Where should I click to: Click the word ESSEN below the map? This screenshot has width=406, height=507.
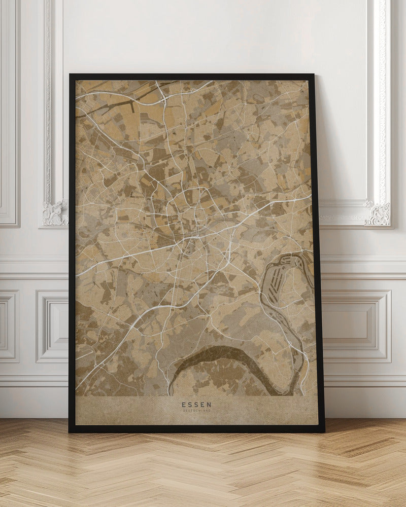(x=197, y=405)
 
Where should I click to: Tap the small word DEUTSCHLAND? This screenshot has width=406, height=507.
(x=197, y=411)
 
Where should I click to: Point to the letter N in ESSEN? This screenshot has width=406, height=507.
(x=210, y=405)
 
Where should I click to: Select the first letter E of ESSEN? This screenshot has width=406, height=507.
(x=183, y=405)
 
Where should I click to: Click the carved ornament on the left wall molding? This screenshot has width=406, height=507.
(x=55, y=213)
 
